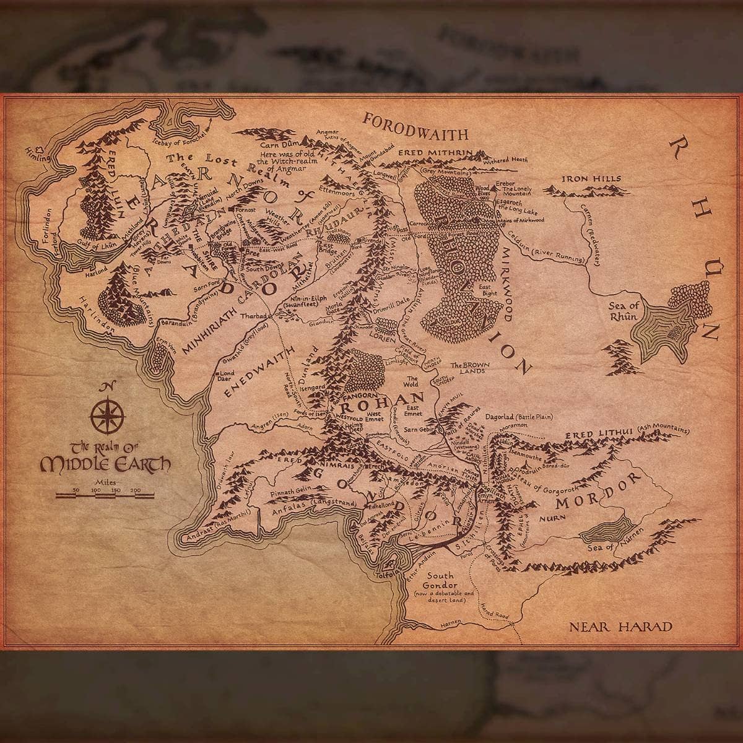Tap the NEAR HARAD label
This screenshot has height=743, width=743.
pos(620,626)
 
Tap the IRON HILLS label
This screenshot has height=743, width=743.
pos(591,179)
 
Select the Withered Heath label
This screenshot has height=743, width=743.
pos(506,159)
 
